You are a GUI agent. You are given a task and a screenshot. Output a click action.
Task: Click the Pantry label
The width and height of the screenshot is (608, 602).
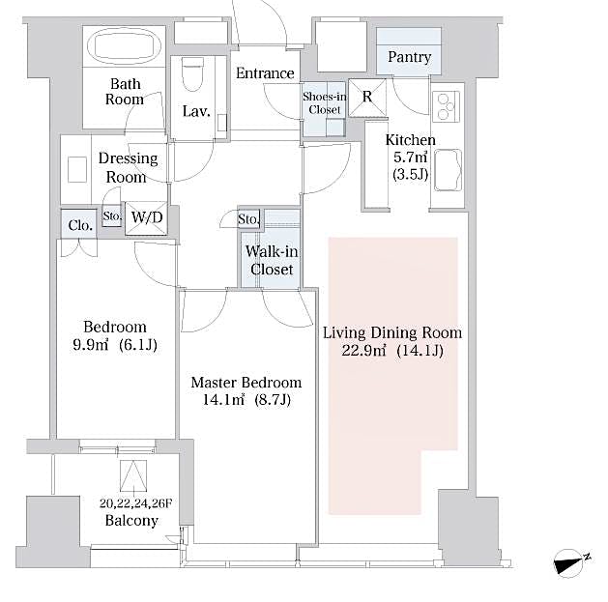point(409,57)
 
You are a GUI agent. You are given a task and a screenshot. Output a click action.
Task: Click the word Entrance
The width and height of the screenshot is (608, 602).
point(265,73)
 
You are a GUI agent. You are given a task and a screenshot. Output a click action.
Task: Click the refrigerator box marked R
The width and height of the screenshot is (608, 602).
point(367,97)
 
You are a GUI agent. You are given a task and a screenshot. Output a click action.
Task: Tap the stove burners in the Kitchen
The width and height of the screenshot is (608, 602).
point(448,105)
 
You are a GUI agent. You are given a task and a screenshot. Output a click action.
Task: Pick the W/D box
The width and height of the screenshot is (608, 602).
point(147,218)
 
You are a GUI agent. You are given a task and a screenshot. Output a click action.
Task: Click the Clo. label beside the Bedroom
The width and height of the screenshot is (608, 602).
point(80,225)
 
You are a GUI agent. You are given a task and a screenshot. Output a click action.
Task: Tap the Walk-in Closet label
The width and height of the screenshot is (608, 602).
point(272,261)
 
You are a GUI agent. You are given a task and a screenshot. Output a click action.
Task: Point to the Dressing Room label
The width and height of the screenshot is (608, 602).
point(126,168)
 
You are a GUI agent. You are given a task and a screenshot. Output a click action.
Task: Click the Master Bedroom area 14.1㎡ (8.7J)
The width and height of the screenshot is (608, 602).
point(246,400)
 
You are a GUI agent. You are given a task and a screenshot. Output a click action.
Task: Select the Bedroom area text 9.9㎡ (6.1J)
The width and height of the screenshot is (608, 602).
point(114,345)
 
